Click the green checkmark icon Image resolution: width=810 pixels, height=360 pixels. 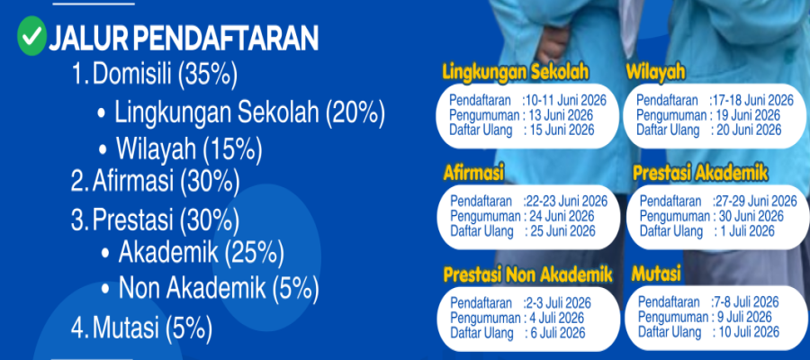click(x=32, y=36)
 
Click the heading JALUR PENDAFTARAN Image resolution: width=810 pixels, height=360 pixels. click(x=184, y=38)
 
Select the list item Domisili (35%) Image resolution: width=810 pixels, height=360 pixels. click(x=154, y=76)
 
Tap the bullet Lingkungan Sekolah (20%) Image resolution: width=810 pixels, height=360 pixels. click(x=241, y=113)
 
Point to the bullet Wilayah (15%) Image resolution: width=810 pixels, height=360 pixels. click(x=180, y=149)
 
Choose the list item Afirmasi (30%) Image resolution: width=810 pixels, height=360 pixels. click(x=155, y=182)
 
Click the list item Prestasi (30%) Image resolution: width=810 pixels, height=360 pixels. click(x=155, y=220)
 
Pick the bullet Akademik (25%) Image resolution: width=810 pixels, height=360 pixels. click(x=193, y=253)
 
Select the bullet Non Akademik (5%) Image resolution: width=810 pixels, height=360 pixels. click(x=210, y=288)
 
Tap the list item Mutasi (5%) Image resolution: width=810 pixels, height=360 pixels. click(x=141, y=328)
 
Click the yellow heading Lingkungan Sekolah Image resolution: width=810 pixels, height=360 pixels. click(x=516, y=73)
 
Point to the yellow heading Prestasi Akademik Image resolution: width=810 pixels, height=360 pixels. click(x=700, y=174)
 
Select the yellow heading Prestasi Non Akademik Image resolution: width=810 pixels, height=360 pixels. click(x=527, y=275)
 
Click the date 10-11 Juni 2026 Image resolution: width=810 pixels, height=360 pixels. click(x=566, y=100)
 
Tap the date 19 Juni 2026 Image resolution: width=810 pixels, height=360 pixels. click(x=748, y=115)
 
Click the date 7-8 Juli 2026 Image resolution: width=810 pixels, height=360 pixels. click(x=746, y=301)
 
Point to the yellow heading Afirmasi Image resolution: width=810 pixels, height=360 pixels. click(x=473, y=174)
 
